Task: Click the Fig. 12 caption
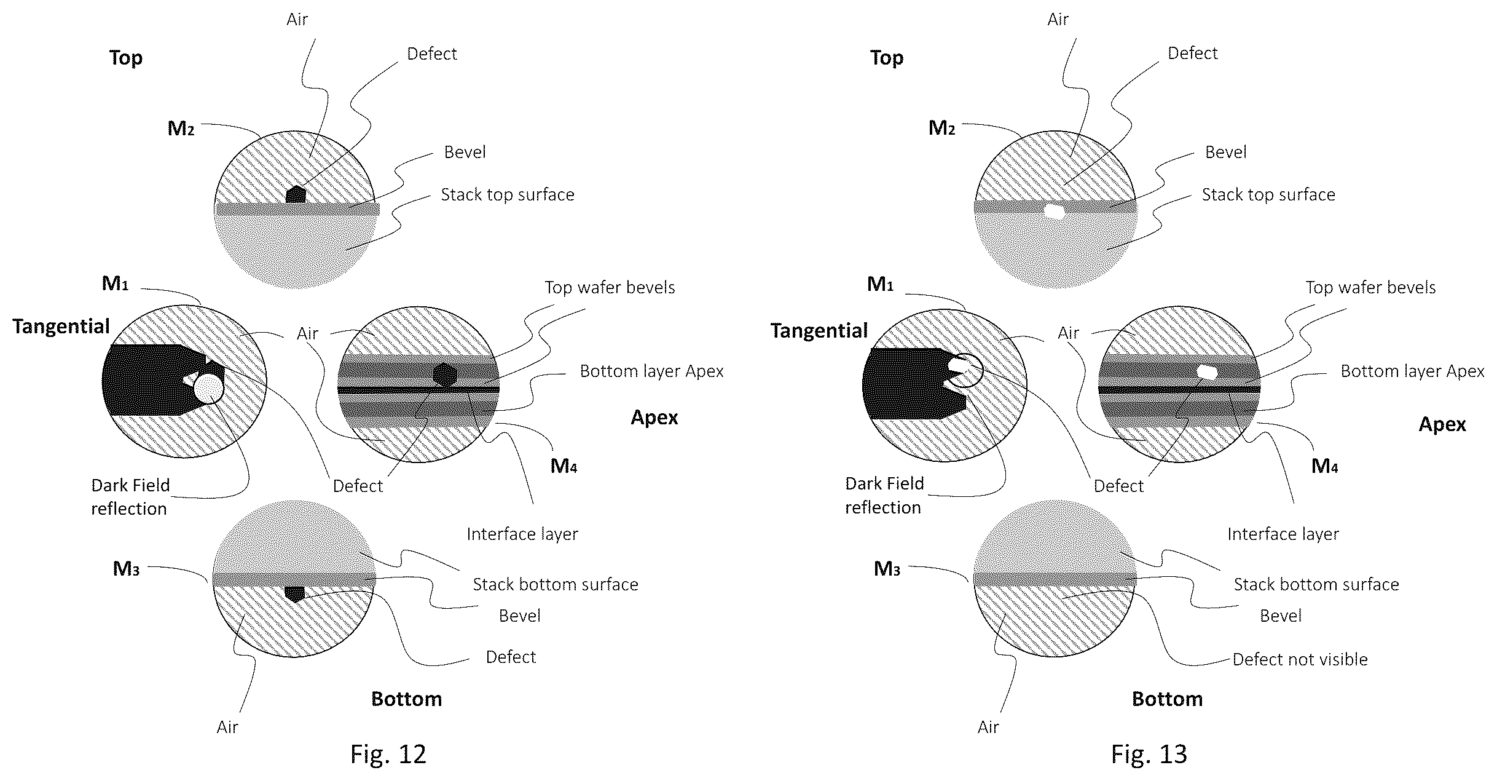tap(388, 754)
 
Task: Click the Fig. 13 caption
tap(1149, 754)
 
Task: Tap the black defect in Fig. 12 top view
tap(296, 194)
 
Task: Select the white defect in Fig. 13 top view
tap(1055, 211)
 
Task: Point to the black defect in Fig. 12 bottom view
tap(295, 593)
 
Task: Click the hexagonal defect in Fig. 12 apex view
tap(444, 375)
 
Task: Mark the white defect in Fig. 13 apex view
tap(1207, 371)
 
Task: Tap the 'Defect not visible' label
tap(1300, 659)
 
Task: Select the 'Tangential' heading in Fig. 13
tap(819, 331)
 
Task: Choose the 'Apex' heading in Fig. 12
tap(654, 418)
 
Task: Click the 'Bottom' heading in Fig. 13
tap(1167, 699)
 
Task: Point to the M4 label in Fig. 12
tap(564, 466)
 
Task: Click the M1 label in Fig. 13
tap(880, 284)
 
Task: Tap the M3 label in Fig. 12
tap(126, 569)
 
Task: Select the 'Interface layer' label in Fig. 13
tap(1283, 534)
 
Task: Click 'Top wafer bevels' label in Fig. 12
tap(610, 287)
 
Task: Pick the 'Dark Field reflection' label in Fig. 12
tap(130, 497)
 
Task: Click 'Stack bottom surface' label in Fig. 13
tap(1316, 584)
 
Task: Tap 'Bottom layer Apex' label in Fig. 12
tap(651, 371)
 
